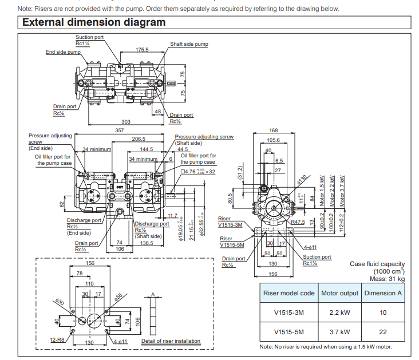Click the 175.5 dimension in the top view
[142, 50]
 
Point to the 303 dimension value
[126, 121]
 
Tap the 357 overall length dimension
[119, 131]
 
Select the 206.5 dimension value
[139, 139]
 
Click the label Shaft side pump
[189, 44]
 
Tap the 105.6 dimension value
[274, 140]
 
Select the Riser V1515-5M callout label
[232, 242]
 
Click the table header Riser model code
[288, 292]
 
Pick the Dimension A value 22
[383, 332]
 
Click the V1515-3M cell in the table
[288, 312]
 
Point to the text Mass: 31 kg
[386, 279]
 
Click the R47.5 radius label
[314, 221]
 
